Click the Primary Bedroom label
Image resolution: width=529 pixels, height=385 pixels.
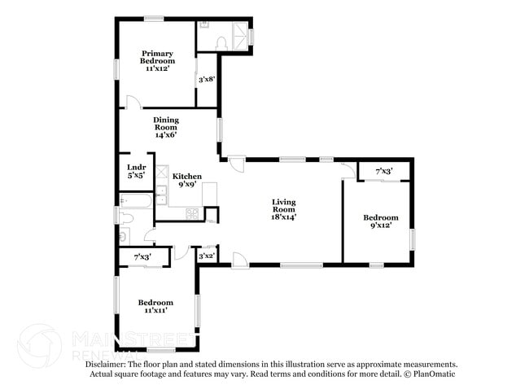pyautogui.click(x=157, y=61)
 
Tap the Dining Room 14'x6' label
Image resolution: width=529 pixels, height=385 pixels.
pyautogui.click(x=166, y=126)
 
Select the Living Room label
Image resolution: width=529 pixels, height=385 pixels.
pyautogui.click(x=283, y=209)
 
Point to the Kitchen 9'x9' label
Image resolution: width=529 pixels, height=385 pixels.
pyautogui.click(x=186, y=180)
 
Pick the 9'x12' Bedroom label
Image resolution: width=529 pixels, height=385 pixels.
pyautogui.click(x=380, y=221)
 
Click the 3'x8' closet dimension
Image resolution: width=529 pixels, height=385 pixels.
pyautogui.click(x=207, y=80)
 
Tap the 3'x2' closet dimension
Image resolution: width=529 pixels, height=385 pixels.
pyautogui.click(x=207, y=256)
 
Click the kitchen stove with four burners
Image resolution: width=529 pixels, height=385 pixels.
pyautogui.click(x=192, y=214)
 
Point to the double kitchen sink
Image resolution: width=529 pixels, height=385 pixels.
pyautogui.click(x=162, y=195)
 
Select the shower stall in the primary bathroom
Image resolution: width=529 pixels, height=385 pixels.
pyautogui.click(x=242, y=35)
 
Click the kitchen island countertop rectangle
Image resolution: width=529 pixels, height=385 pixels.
pyautogui.click(x=210, y=194)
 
